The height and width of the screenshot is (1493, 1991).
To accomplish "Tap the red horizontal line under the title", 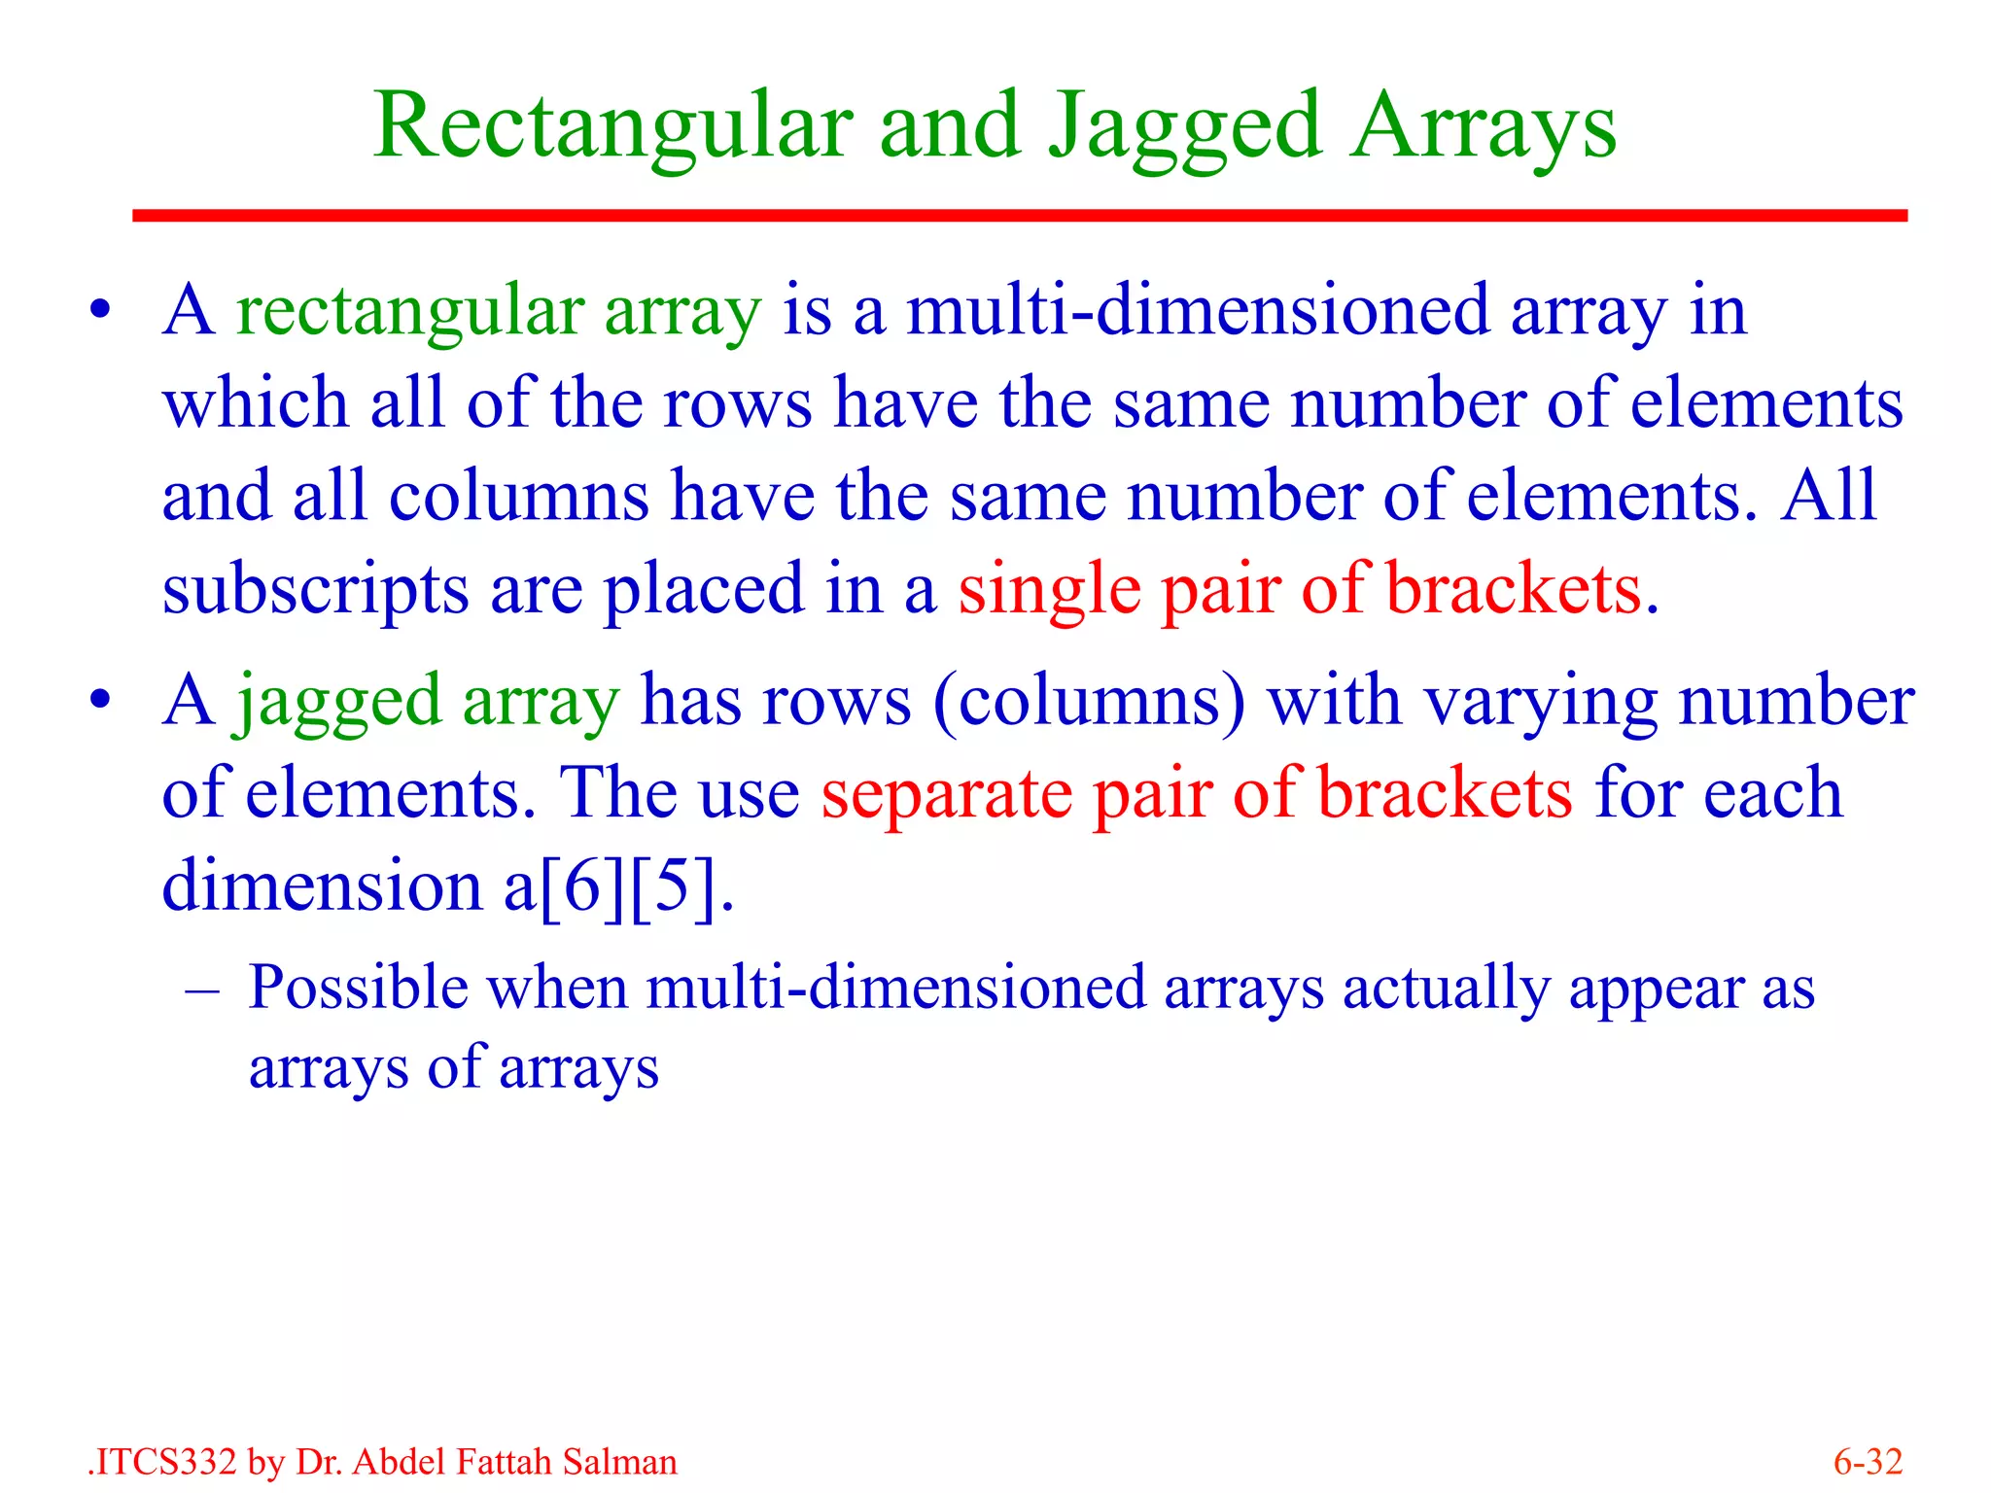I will click(1020, 215).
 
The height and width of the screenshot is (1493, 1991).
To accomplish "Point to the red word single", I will click(1049, 590).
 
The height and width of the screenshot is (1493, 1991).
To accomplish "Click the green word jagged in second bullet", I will click(338, 703).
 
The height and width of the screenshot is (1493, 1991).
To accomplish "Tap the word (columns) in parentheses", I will click(1089, 701).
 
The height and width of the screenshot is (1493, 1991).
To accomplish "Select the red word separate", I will click(946, 794).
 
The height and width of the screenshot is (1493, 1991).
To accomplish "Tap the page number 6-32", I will click(1867, 1462).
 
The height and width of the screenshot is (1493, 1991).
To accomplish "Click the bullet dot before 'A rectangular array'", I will click(99, 313).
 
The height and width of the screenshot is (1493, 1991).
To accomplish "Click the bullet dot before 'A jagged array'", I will click(99, 701).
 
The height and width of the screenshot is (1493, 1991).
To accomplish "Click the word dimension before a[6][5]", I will click(321, 885).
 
